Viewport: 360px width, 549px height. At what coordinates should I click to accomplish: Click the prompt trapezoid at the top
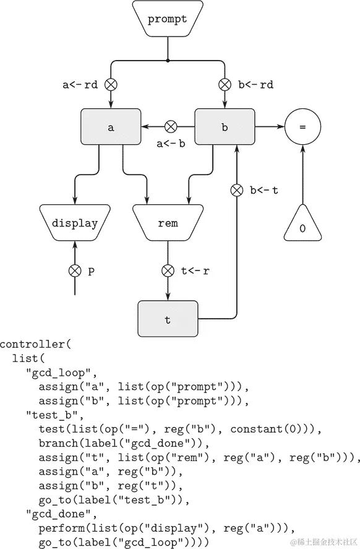(167, 19)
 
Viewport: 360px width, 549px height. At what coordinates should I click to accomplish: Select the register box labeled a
(111, 128)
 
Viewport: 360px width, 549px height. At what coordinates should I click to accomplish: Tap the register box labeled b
(225, 128)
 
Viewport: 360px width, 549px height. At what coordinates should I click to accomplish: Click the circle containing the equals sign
(302, 128)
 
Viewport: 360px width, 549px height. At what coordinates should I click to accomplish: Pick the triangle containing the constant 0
(302, 225)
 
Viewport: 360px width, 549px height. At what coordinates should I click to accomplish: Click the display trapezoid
(74, 223)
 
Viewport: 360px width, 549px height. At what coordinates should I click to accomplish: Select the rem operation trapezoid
(167, 223)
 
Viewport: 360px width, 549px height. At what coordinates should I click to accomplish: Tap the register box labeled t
(167, 319)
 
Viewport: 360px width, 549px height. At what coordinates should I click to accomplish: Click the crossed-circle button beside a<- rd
(111, 85)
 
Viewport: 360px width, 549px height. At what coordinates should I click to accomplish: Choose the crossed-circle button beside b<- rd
(225, 85)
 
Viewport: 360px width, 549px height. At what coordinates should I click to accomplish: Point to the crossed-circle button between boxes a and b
(171, 128)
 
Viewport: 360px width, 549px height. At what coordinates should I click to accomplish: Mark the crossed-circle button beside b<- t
(236, 190)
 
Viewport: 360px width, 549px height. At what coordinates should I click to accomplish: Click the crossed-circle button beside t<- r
(167, 270)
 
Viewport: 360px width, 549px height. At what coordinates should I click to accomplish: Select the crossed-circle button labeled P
(74, 270)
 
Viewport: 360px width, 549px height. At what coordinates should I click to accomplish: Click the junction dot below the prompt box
(168, 61)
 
